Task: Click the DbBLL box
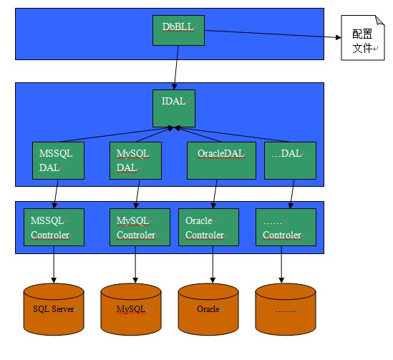click(x=178, y=30)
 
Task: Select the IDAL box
click(x=174, y=108)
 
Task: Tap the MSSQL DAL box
click(x=58, y=160)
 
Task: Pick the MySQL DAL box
click(x=135, y=160)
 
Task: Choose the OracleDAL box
click(x=222, y=160)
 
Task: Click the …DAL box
click(x=290, y=160)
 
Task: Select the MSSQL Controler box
click(x=54, y=227)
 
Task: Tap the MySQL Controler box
click(x=140, y=227)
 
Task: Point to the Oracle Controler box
click(x=208, y=227)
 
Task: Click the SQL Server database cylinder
click(x=54, y=309)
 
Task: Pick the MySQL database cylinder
click(x=131, y=309)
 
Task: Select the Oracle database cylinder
click(x=208, y=309)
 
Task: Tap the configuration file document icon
click(x=363, y=38)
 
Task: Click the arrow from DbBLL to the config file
click(x=273, y=34)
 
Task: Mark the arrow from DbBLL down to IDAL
click(x=176, y=68)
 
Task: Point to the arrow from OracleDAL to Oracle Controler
click(x=215, y=194)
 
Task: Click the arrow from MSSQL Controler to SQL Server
click(x=54, y=265)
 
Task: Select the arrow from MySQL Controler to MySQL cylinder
click(x=135, y=265)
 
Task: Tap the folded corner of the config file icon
click(x=380, y=20)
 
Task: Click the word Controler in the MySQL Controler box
click(x=136, y=235)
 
